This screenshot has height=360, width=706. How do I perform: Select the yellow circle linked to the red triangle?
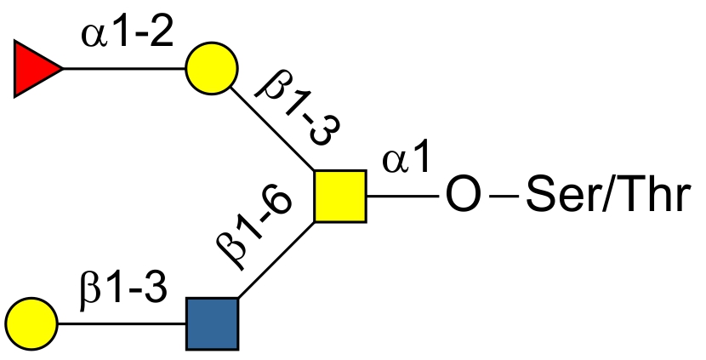(212, 68)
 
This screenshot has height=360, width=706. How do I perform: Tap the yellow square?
(340, 196)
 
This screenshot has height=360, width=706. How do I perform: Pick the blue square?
(212, 323)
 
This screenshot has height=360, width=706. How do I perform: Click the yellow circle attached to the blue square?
(31, 323)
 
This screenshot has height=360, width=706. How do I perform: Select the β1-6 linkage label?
(254, 226)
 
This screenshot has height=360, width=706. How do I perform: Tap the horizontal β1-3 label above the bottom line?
(123, 290)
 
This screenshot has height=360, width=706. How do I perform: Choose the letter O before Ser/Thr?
(463, 195)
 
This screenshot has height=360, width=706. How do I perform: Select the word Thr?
(653, 194)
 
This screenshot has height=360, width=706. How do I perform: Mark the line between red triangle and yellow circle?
(124, 68)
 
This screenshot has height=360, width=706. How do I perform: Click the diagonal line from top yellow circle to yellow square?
(272, 129)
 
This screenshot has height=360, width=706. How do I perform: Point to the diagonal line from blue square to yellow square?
(276, 260)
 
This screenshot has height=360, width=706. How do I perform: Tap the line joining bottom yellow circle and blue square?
(122, 323)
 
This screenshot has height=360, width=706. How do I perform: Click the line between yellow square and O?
(402, 196)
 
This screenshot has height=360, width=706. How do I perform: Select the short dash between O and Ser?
(504, 196)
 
